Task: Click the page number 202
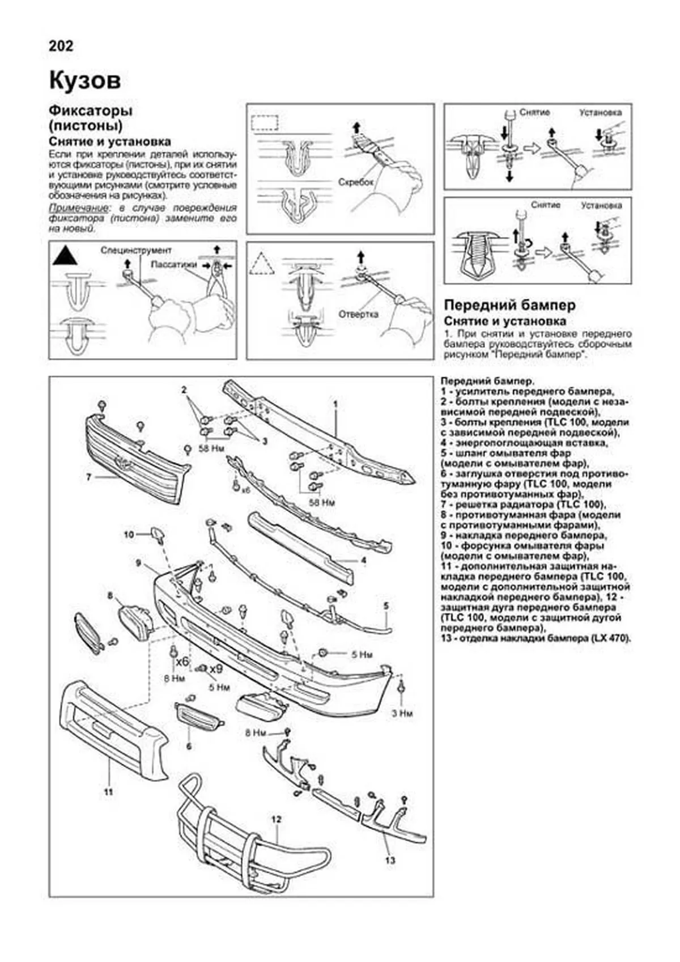point(61,46)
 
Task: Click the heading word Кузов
point(85,81)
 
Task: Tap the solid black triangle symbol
point(65,256)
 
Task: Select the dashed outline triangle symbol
point(262,264)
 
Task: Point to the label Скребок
point(356,182)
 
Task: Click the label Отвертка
point(358,314)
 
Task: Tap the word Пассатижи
point(174,264)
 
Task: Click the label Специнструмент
point(136,250)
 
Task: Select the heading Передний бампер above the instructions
point(509,306)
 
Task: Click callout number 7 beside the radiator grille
point(89,477)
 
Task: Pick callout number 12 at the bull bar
point(276,819)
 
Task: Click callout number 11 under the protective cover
point(109,791)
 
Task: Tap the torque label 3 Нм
point(402,713)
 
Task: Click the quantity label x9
point(216,669)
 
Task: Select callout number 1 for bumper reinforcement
point(335,404)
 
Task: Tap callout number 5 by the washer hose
point(386,606)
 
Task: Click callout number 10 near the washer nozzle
point(129,535)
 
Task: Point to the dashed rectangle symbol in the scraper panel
point(265,122)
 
